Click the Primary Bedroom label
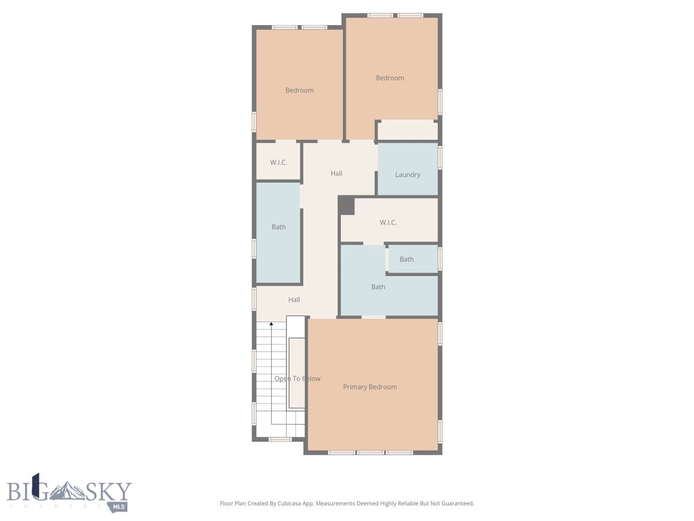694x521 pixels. pyautogui.click(x=369, y=387)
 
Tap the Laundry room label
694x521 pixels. pyautogui.click(x=407, y=174)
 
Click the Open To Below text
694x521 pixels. pyautogui.click(x=297, y=379)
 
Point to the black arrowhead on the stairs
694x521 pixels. pyautogui.click(x=271, y=325)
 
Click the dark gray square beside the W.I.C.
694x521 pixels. pyautogui.click(x=346, y=206)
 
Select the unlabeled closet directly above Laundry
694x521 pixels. pyautogui.click(x=407, y=130)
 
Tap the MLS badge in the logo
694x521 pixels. pyautogui.click(x=119, y=506)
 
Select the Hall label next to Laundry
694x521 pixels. pyautogui.click(x=336, y=173)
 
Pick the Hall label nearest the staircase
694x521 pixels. pyautogui.click(x=293, y=299)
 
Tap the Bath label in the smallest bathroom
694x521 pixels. pyautogui.click(x=407, y=259)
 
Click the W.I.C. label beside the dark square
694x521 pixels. pyautogui.click(x=388, y=223)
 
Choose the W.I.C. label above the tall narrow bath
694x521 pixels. pyautogui.click(x=279, y=162)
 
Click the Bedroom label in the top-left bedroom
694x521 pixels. pyautogui.click(x=299, y=90)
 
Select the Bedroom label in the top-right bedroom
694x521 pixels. pyautogui.click(x=390, y=78)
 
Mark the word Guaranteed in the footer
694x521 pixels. pyautogui.click(x=456, y=503)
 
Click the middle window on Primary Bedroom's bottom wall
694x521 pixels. pyautogui.click(x=371, y=452)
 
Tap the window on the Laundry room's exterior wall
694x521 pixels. pyautogui.click(x=440, y=157)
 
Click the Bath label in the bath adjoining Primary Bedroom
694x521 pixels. pyautogui.click(x=378, y=287)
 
